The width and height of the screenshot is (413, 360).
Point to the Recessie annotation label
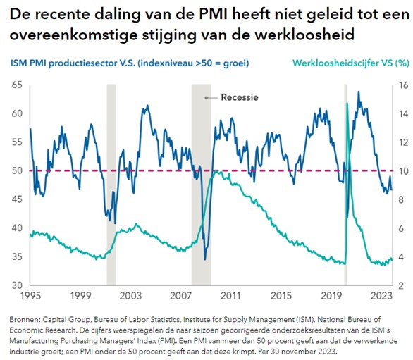pos(240,97)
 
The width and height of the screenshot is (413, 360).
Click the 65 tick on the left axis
pos(16,85)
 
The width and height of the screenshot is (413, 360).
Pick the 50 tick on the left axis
pos(16,171)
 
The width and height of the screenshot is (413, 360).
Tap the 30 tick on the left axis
pos(16,285)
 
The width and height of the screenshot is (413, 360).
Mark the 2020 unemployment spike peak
pos(347,104)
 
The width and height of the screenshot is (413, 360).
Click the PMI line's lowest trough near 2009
pos(205,259)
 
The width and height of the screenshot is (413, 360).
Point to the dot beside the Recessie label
pos(207,97)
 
